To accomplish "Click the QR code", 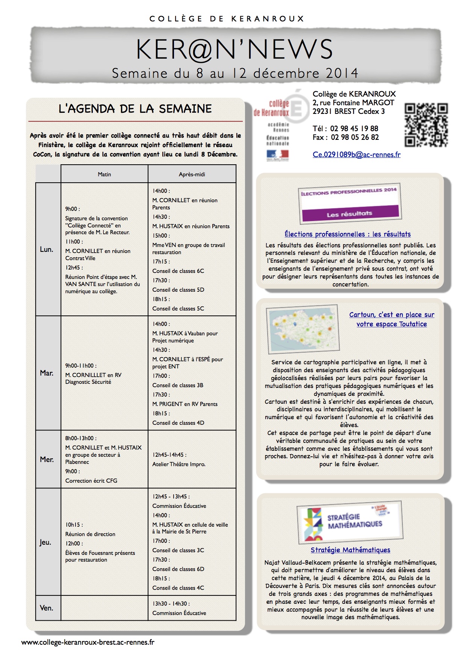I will coord(426,125).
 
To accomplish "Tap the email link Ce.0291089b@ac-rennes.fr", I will coord(356,155).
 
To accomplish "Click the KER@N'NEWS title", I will coord(234,50).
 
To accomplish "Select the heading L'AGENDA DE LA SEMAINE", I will coord(135,109).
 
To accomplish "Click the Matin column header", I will coord(104,174).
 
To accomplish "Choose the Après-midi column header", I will coord(192,174).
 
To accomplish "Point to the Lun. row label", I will coord(47,249).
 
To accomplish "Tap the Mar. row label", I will coord(47,373).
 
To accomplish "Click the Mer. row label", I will coord(47,459).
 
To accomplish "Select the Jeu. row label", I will coord(45,542).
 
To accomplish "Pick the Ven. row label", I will coord(47,608).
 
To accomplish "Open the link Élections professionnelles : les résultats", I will coord(347,234).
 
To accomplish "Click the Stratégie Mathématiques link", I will coord(350,550).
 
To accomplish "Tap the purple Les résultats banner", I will coord(349,214).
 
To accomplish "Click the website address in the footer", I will coord(88,642).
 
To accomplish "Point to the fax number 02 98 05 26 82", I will coord(354,138).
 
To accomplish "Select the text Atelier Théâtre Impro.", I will coord(179,464).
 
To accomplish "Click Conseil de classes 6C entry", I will coord(178,271).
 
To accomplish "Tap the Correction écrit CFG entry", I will coord(91,481).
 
